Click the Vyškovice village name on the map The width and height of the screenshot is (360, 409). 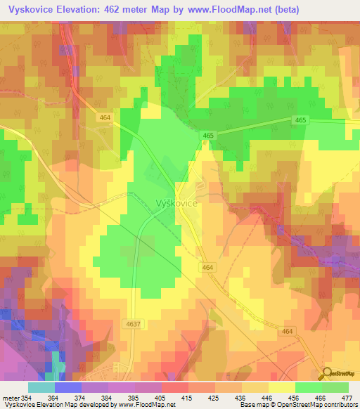[x=175, y=202]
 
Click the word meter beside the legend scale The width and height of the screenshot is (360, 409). [x=10, y=398]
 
